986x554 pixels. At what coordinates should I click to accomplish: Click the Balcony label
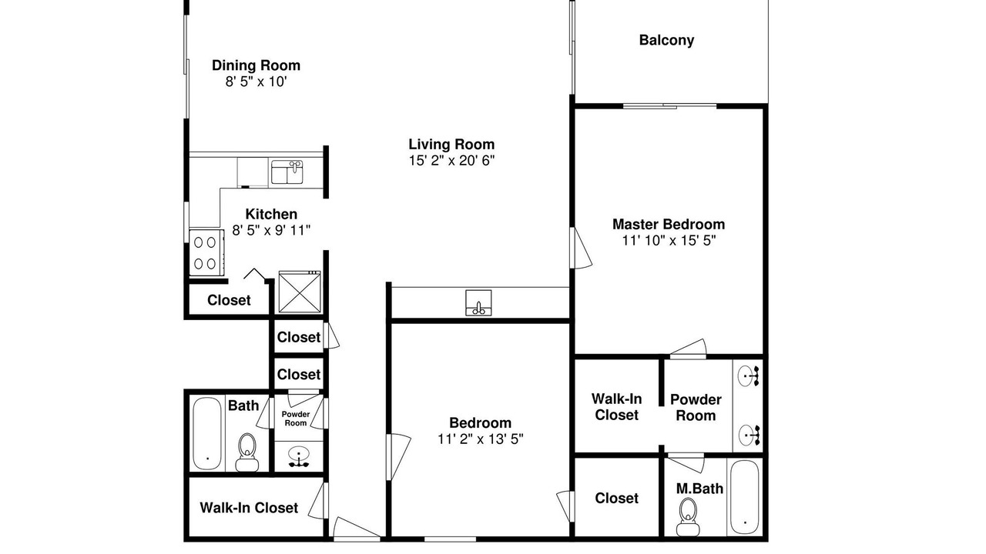point(666,41)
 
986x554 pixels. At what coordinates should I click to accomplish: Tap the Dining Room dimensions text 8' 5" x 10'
point(257,82)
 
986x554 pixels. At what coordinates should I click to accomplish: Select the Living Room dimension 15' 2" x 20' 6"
point(451,161)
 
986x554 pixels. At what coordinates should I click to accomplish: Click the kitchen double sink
point(287,172)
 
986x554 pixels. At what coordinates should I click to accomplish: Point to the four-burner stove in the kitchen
point(206,253)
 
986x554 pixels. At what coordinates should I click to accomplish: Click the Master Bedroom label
point(669,224)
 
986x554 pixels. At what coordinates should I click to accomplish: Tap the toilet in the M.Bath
point(688,517)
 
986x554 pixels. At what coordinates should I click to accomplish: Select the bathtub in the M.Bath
point(745,497)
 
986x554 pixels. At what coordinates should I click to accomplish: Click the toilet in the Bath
point(247,452)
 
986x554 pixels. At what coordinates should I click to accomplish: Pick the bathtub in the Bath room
point(207,434)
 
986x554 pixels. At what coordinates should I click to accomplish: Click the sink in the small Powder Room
point(299,456)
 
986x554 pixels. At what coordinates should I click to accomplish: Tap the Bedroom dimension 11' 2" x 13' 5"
point(480,439)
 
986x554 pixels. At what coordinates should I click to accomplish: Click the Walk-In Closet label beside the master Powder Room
point(616,407)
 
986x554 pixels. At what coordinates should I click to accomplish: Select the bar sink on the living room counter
point(478,303)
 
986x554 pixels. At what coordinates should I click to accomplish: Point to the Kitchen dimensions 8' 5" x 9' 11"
point(271,230)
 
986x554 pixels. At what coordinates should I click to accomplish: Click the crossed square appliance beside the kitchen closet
point(300,292)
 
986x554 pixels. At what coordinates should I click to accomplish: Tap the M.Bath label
point(699,489)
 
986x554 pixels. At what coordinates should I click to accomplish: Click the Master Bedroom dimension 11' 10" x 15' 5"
point(669,241)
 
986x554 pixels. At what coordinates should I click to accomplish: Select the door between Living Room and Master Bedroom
point(580,248)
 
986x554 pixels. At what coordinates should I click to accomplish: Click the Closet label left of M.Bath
point(616,498)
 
